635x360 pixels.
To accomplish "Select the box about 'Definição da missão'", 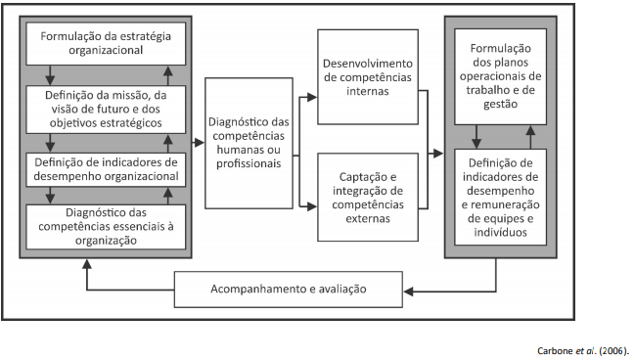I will point(106,110).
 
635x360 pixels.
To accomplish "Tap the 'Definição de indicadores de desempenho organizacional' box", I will point(106,169).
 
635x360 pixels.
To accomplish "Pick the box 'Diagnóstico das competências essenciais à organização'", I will point(106,225).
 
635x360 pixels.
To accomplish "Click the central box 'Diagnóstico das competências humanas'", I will point(249,142).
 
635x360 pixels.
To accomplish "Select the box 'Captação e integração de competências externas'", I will point(367,202).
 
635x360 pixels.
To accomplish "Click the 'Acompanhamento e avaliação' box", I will point(289,290).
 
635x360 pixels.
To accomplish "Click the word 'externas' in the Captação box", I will point(367,219).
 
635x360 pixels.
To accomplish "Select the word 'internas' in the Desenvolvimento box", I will point(367,91).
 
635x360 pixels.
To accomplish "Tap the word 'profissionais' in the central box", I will point(249,164).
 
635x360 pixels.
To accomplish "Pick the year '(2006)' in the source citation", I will point(612,349).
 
